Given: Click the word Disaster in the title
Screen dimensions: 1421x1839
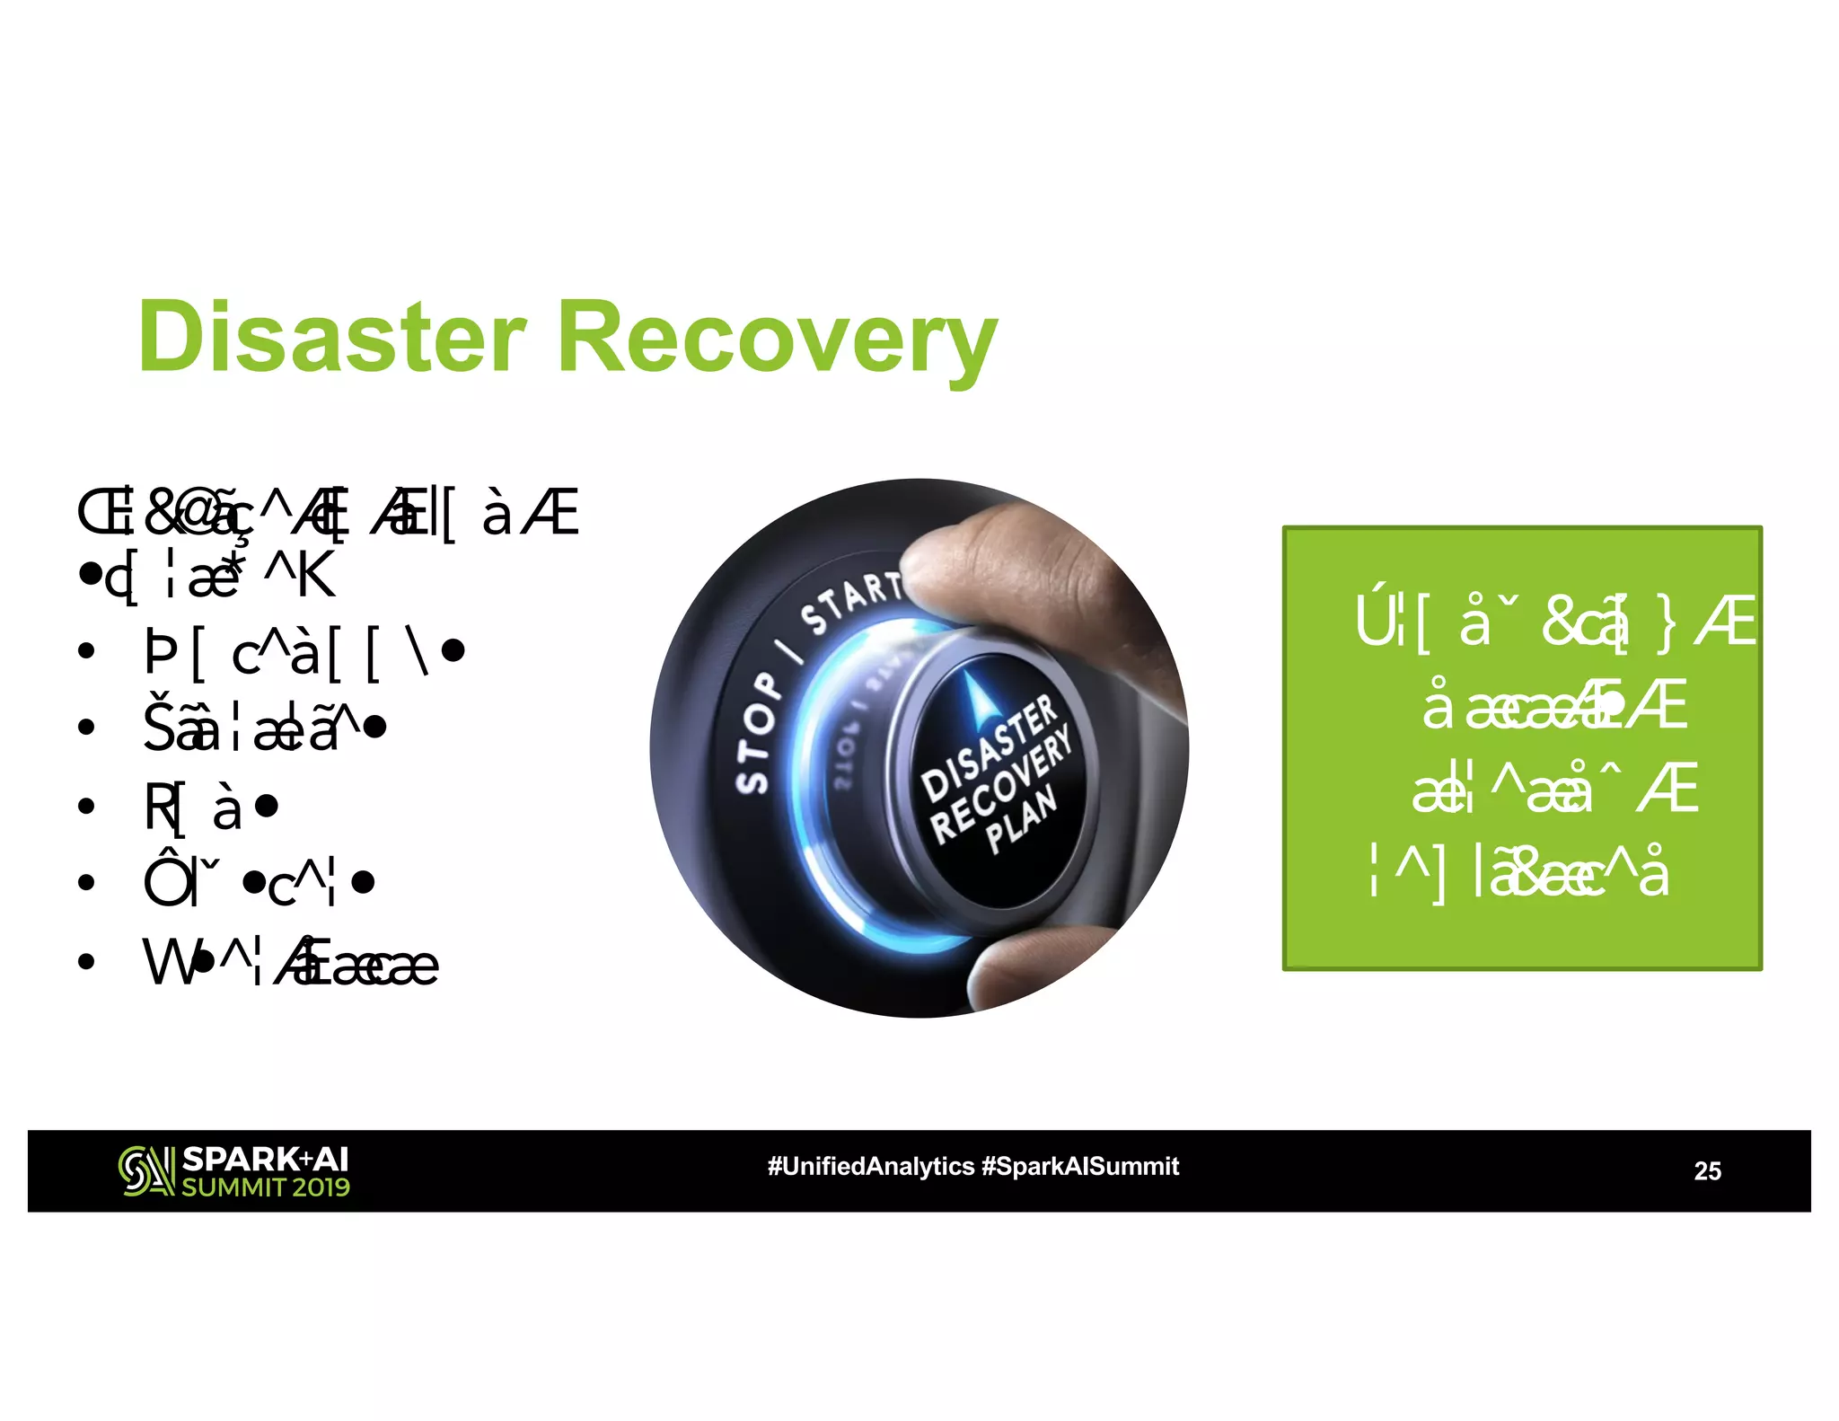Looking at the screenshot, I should pyautogui.click(x=331, y=337).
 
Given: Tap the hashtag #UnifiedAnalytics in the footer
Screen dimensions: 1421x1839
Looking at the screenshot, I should pyautogui.click(x=870, y=1166).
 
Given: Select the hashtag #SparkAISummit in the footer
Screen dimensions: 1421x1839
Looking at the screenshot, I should pyautogui.click(x=1080, y=1166).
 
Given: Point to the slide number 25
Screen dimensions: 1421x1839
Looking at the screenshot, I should pyautogui.click(x=1707, y=1170).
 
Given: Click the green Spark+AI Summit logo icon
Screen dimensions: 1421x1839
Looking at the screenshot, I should pyautogui.click(x=145, y=1171).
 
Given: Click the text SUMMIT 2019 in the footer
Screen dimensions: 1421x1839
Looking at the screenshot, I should pyautogui.click(x=266, y=1187).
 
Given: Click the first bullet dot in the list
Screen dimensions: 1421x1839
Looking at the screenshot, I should pyautogui.click(x=86, y=650).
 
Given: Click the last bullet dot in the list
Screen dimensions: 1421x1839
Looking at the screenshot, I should pyautogui.click(x=86, y=963).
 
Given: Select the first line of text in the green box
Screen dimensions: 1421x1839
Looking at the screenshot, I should pyautogui.click(x=1554, y=622).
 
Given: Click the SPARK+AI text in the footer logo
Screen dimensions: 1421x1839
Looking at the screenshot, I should pyautogui.click(x=265, y=1160).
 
